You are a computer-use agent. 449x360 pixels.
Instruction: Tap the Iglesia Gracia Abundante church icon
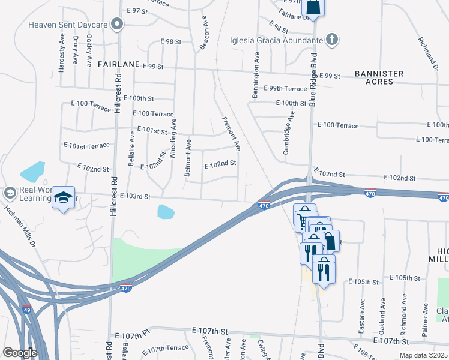(331, 40)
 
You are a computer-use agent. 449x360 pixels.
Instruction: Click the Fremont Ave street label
(232, 134)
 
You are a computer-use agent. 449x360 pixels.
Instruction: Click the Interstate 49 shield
(26, 310)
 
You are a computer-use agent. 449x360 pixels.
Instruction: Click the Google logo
(20, 352)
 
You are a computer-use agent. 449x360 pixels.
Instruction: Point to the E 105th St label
(405, 278)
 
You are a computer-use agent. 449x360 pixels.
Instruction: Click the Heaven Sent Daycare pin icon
(118, 25)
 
